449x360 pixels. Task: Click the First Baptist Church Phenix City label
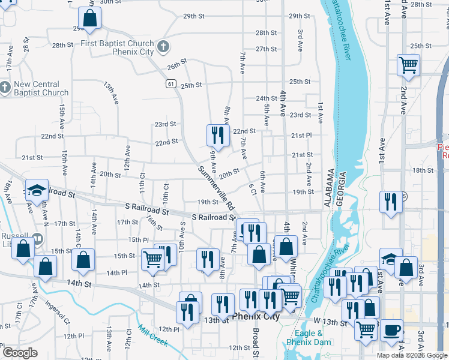[117, 48]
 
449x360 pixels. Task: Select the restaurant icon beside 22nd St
[217, 136]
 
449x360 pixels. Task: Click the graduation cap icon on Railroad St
[37, 190]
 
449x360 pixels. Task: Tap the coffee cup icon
[392, 329]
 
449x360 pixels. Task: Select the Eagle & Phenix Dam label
[309, 338]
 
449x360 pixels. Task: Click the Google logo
[20, 353]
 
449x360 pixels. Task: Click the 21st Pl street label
[301, 136]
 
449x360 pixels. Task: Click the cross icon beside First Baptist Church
[163, 47]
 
